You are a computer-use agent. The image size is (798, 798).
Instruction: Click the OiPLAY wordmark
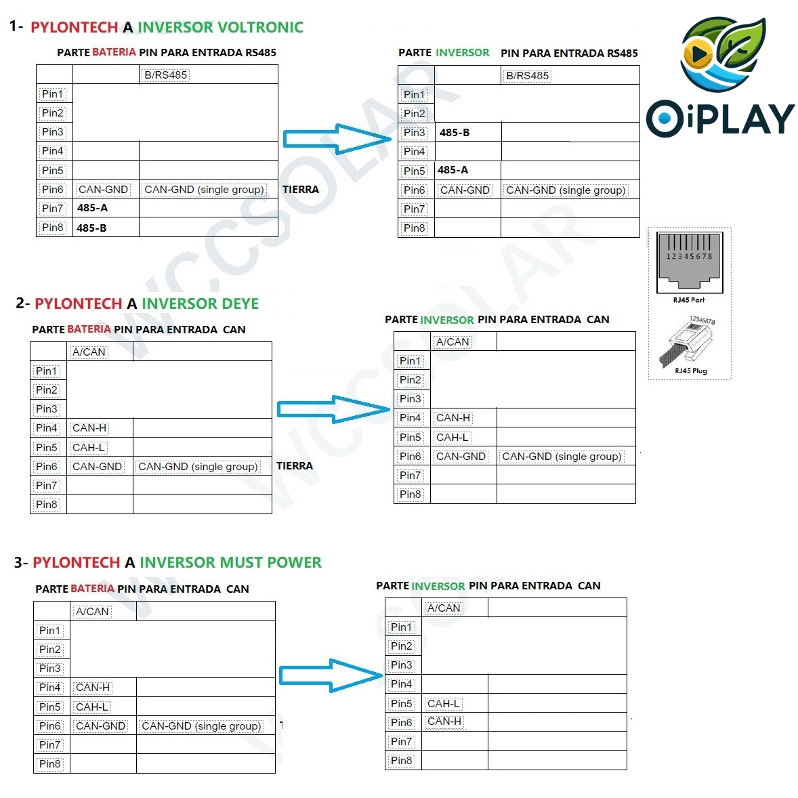pyautogui.click(x=720, y=119)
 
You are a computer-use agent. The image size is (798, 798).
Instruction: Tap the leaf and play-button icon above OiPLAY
pyautogui.click(x=722, y=54)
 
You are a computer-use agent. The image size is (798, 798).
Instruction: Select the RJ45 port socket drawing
pyautogui.click(x=690, y=261)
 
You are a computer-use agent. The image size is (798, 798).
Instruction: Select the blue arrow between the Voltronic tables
pyautogui.click(x=336, y=140)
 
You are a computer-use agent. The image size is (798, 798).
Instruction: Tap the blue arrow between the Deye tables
pyautogui.click(x=333, y=409)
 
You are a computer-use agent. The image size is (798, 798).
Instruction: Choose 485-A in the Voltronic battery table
pyautogui.click(x=92, y=208)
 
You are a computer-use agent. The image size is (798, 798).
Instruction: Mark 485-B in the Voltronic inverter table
pyautogui.click(x=454, y=133)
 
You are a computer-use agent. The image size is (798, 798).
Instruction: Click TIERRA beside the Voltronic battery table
pyautogui.click(x=300, y=190)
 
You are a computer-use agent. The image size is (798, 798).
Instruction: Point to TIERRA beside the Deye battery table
pyautogui.click(x=295, y=466)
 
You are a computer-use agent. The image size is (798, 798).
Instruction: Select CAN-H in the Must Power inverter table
pyautogui.click(x=444, y=721)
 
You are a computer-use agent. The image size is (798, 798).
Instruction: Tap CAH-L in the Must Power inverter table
pyautogui.click(x=444, y=704)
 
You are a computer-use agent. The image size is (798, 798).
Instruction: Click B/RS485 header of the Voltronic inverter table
pyautogui.click(x=527, y=76)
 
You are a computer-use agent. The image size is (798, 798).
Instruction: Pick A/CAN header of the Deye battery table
pyautogui.click(x=89, y=352)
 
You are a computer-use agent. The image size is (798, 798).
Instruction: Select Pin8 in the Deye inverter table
pyautogui.click(x=411, y=495)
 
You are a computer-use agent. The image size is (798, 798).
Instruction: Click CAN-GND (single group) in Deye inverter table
pyautogui.click(x=562, y=457)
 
